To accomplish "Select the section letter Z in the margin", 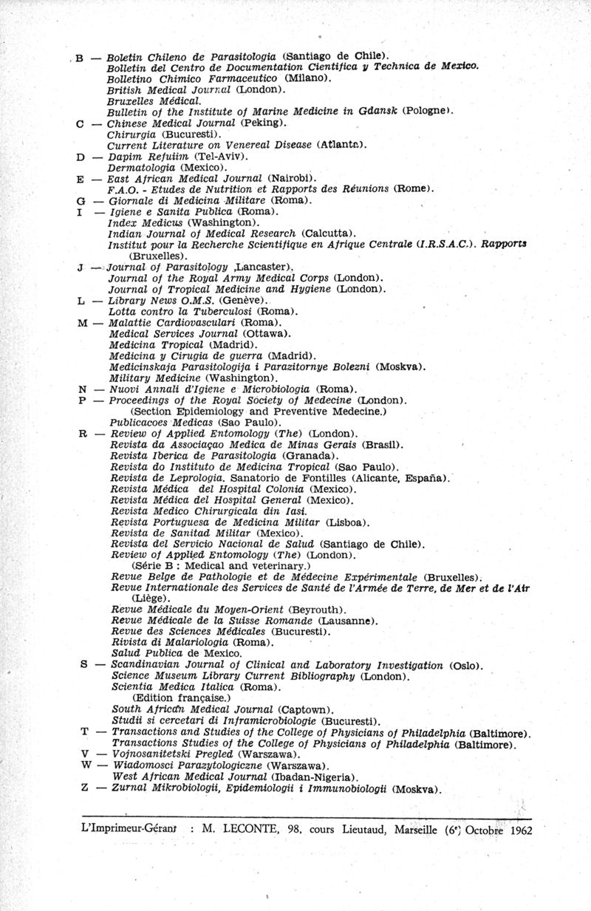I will point(83,788).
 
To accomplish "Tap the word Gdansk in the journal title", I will point(376,111).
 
